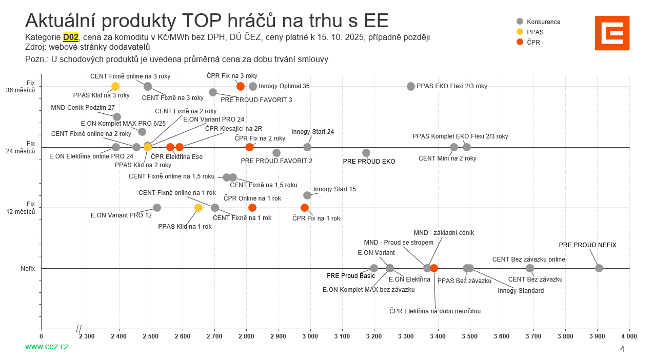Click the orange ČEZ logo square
[612, 33]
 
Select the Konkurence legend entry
[543, 22]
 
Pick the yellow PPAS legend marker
[520, 32]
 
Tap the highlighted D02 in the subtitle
[71, 37]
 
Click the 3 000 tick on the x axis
[310, 336]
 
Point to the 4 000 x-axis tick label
[629, 336]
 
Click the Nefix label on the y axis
[28, 268]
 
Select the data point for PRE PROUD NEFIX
[599, 268]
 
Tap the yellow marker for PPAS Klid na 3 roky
[115, 86]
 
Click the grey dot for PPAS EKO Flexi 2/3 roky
[411, 86]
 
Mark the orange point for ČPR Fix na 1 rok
[305, 208]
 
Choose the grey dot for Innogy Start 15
[307, 195]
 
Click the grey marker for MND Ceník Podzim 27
[117, 117]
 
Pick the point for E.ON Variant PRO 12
[157, 208]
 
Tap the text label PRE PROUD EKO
[369, 162]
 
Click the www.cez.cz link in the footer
[47, 347]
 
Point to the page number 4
[622, 349]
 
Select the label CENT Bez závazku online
[528, 259]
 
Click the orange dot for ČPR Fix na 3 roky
[241, 86]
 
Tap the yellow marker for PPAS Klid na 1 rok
[199, 208]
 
